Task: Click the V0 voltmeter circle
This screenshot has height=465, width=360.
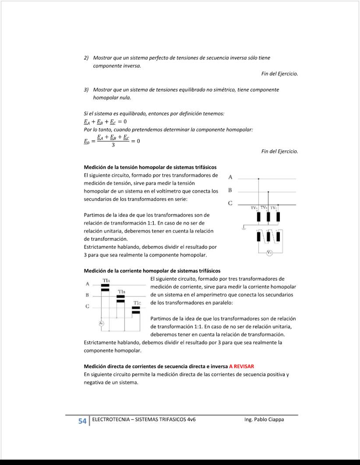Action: click(x=270, y=252)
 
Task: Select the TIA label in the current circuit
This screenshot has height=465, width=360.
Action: click(x=106, y=280)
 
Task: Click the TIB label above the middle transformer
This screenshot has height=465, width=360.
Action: click(x=121, y=292)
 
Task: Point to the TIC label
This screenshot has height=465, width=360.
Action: click(x=137, y=303)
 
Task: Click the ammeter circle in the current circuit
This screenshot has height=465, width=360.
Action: click(x=101, y=323)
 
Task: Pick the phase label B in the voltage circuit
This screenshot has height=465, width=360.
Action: click(x=230, y=190)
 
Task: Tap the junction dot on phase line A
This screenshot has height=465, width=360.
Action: click(x=258, y=179)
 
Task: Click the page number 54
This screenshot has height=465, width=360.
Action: click(x=82, y=421)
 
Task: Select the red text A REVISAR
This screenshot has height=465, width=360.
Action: click(x=241, y=366)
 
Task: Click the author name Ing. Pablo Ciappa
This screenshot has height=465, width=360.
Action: click(x=264, y=419)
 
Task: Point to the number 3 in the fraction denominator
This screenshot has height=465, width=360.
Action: click(x=113, y=145)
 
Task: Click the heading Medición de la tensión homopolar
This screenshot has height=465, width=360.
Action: click(x=150, y=167)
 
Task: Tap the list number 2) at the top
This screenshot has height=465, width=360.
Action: click(x=86, y=58)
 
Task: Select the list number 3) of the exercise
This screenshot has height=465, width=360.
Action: click(x=86, y=90)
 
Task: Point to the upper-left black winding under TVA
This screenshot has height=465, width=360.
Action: click(x=258, y=217)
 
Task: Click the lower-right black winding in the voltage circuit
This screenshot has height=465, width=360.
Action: click(x=278, y=237)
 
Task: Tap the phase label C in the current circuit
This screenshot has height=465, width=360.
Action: click(x=87, y=306)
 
